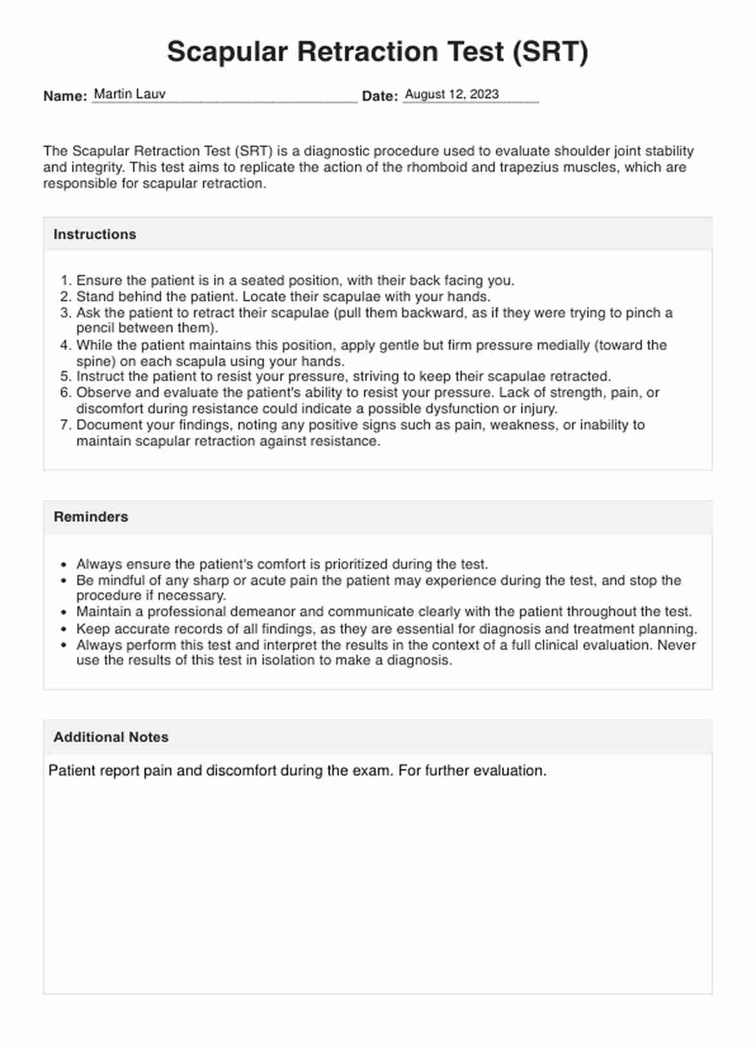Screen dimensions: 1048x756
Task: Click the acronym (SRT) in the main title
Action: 550,52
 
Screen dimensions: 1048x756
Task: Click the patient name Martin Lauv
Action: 130,94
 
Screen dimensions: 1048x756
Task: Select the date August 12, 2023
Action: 451,94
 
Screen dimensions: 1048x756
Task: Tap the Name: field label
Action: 65,96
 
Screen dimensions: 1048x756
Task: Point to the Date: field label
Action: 379,96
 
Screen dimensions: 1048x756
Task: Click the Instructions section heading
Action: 94,235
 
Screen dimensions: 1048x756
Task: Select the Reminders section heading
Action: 91,517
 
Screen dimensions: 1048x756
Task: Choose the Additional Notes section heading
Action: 111,737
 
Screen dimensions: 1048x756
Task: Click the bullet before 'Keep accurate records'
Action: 63,629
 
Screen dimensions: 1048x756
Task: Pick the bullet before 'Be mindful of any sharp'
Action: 63,581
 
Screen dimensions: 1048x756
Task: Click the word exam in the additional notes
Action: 374,771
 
